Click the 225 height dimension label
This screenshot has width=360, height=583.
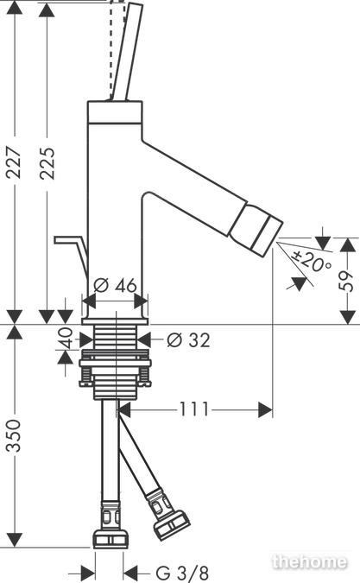coord(47,163)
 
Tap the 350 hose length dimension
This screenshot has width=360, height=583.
coord(15,435)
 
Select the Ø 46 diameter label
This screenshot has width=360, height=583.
coord(115,285)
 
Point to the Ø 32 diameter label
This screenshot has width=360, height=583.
coord(188,339)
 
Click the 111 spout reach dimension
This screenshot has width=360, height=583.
coord(194,409)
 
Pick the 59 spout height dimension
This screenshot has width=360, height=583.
coord(347,281)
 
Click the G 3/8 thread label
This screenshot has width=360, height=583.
coord(182,573)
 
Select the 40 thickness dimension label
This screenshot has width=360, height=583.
coord(66,338)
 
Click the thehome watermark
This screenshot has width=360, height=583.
coord(309,561)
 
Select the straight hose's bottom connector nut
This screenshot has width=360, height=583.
coord(111,537)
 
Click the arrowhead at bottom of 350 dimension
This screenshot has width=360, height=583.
coord(15,540)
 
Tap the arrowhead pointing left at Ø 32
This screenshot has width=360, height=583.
coord(144,339)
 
